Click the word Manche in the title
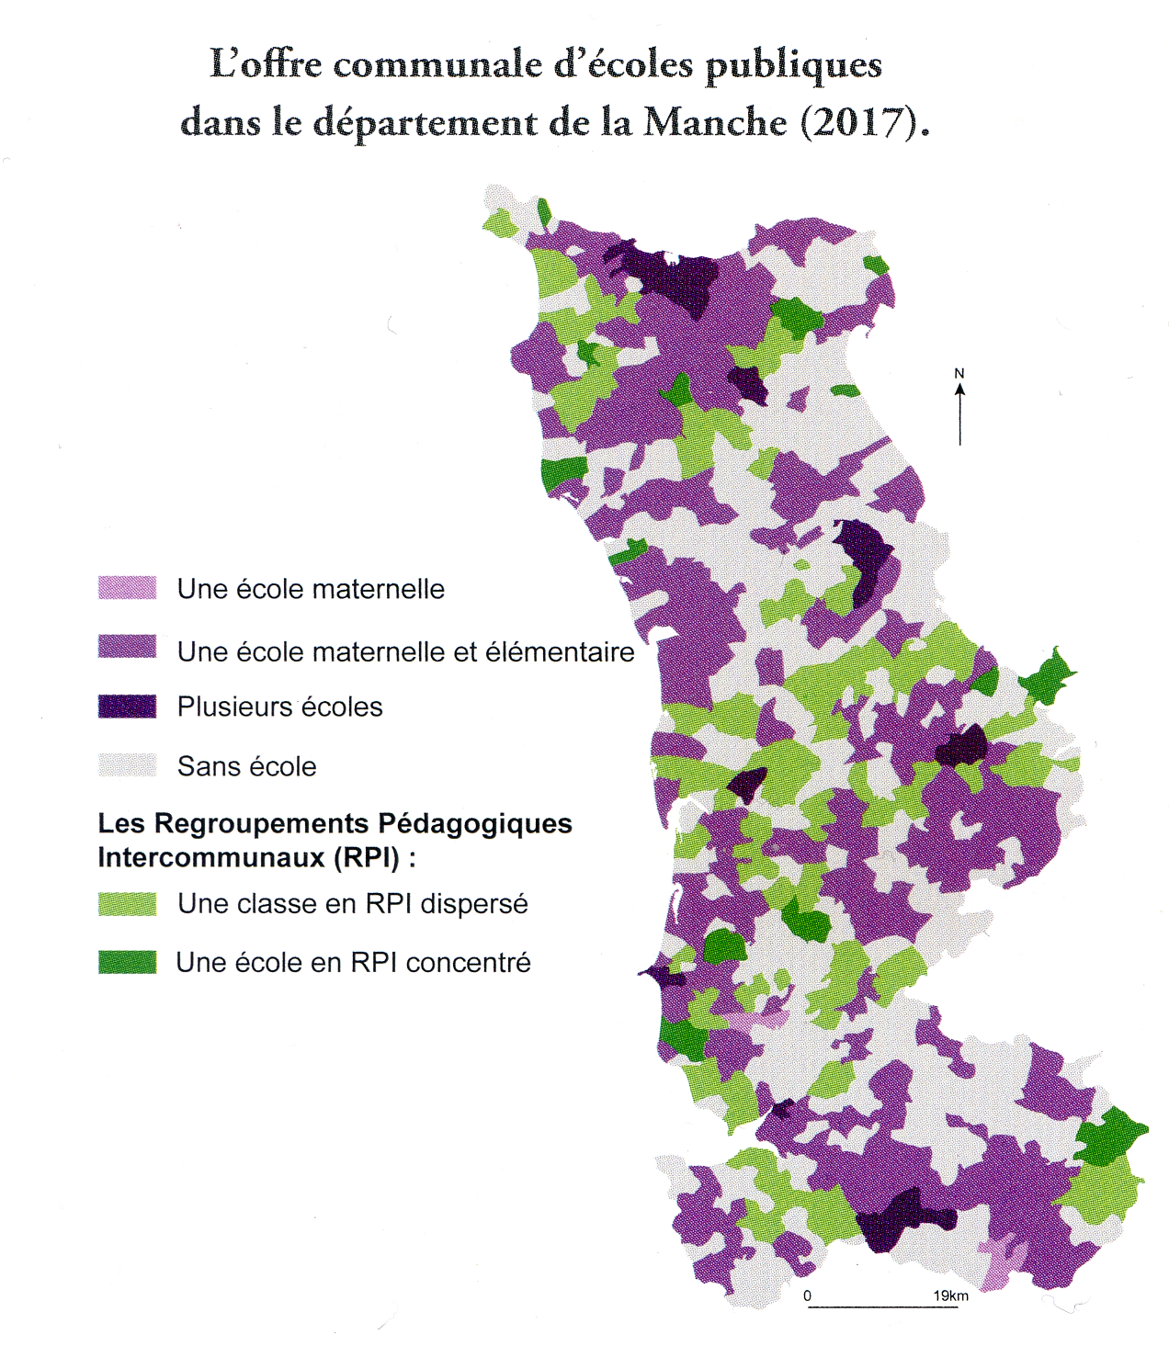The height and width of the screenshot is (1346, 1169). tap(714, 122)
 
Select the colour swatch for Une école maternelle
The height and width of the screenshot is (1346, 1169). tap(127, 588)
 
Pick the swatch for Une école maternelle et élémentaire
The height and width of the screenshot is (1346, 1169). tap(127, 646)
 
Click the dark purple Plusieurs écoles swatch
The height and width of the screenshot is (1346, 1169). tap(127, 706)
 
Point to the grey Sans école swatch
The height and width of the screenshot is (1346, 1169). tap(127, 764)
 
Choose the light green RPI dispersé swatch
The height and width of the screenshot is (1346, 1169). tap(127, 903)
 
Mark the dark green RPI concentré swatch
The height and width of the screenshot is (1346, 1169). tap(127, 962)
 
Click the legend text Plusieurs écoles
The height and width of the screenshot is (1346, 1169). tap(279, 707)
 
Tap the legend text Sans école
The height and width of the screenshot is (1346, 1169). tap(246, 766)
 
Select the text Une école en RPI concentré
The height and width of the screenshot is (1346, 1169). tap(353, 963)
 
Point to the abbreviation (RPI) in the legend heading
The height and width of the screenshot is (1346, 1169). tap(367, 857)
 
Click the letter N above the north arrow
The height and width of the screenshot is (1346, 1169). tap(959, 373)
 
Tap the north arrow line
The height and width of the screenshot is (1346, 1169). tap(960, 418)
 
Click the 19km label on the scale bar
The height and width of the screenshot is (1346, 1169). tap(950, 1295)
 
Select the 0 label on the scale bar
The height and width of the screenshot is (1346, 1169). tap(808, 1295)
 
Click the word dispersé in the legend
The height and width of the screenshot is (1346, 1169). tap(474, 904)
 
